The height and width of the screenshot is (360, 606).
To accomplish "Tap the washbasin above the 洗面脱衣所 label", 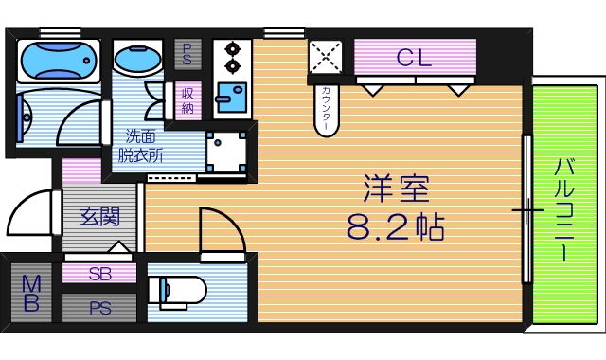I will click(138, 60).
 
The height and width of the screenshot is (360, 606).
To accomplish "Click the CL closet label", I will click(414, 58).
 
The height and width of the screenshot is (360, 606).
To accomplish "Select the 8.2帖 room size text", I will click(396, 227).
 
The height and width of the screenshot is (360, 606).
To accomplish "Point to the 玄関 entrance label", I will click(98, 217).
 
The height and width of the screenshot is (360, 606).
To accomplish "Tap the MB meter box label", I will click(31, 294).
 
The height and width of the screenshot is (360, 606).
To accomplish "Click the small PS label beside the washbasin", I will click(187, 53).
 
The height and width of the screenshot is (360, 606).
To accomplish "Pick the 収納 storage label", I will click(187, 100).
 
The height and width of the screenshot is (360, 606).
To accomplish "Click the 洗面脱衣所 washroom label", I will click(138, 144).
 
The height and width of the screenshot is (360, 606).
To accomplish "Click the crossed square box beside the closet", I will click(327, 57).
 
